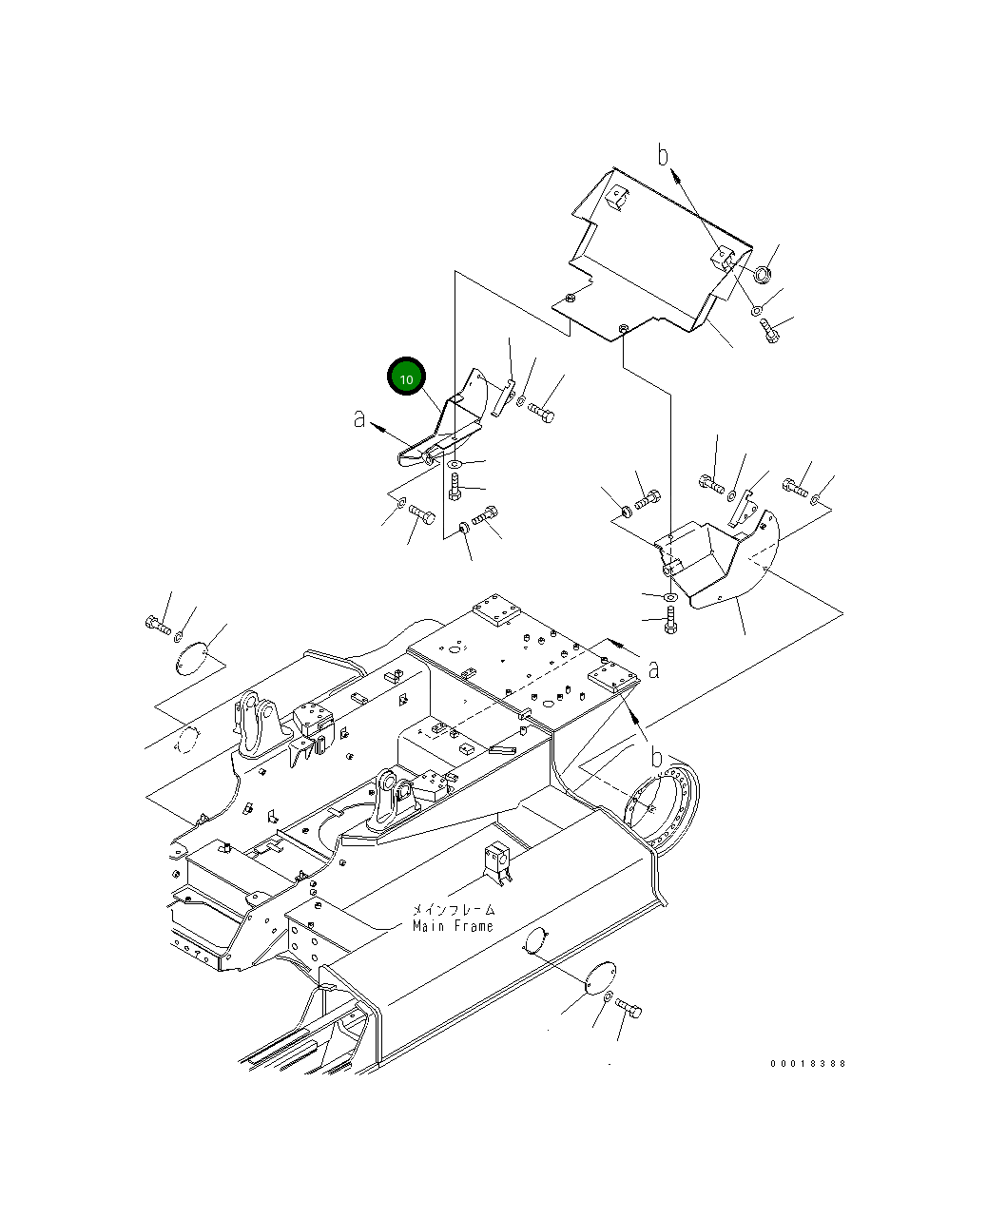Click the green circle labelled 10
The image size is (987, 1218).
[x=406, y=378]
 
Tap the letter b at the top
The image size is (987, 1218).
[x=664, y=155]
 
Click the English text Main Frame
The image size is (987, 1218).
[x=453, y=926]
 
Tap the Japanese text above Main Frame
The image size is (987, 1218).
[x=453, y=910]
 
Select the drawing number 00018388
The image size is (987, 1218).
[x=807, y=1064]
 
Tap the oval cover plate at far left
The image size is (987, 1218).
[x=193, y=658]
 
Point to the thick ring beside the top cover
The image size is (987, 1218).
[x=762, y=276]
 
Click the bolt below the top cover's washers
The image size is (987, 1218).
[x=770, y=330]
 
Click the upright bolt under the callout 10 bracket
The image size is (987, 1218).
[x=455, y=488]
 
